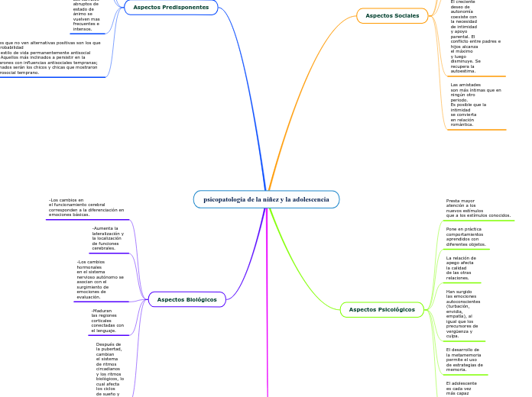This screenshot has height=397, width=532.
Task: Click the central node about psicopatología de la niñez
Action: pyautogui.click(x=265, y=199)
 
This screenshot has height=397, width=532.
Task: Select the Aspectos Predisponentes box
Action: pyautogui.click(x=170, y=8)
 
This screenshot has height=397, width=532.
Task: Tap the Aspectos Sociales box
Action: pyautogui.click(x=392, y=15)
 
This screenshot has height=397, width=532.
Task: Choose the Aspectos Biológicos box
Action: pyautogui.click(x=187, y=299)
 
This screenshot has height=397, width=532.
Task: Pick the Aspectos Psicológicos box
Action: pyautogui.click(x=381, y=309)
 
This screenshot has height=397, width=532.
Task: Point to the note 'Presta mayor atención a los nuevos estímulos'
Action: pyautogui.click(x=478, y=208)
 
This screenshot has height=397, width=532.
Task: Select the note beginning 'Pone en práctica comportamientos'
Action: pyautogui.click(x=465, y=237)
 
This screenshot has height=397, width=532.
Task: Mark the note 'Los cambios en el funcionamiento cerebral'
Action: pyautogui.click(x=86, y=207)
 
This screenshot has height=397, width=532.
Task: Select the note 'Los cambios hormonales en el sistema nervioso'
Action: pyautogui.click(x=100, y=279)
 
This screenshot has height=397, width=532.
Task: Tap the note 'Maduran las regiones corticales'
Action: pyautogui.click(x=107, y=321)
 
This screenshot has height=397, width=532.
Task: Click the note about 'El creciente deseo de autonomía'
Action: pyautogui.click(x=475, y=37)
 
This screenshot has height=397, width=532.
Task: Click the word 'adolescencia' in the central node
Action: pyautogui.click(x=308, y=199)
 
